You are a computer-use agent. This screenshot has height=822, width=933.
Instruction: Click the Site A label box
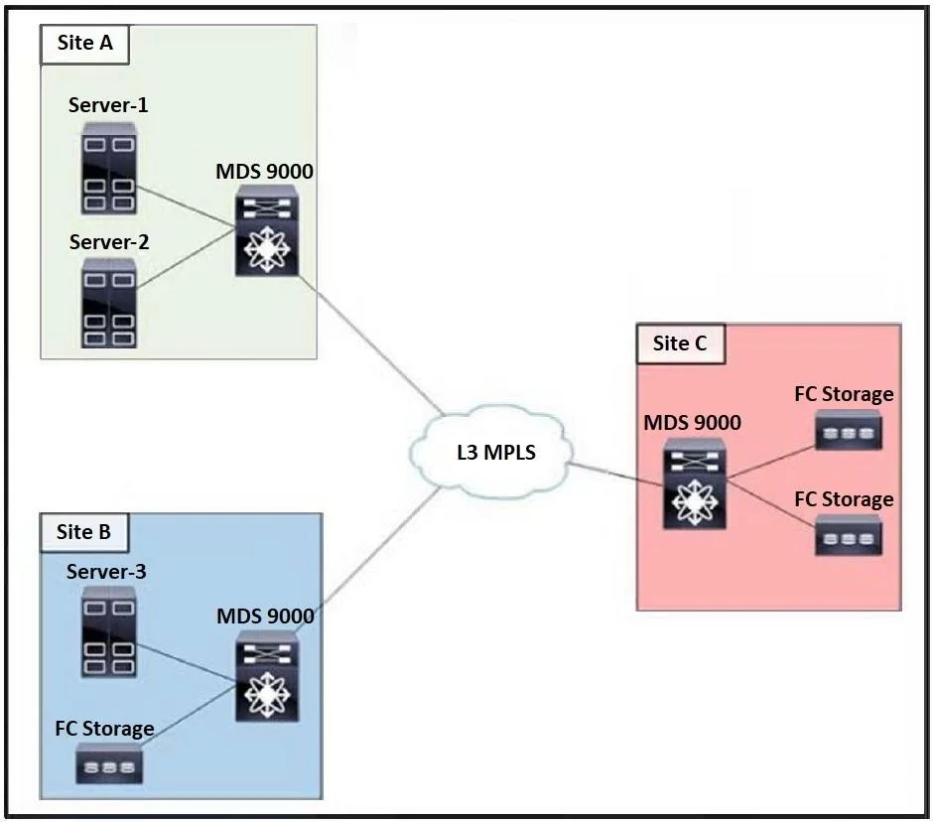[x=84, y=44]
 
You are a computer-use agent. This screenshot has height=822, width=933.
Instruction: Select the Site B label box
[x=84, y=532]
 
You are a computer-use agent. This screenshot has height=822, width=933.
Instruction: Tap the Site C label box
[x=681, y=343]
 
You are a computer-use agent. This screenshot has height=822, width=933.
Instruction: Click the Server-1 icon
[x=109, y=169]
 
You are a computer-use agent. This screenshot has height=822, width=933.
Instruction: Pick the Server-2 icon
[x=109, y=303]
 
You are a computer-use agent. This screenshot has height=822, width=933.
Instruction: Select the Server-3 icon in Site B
[x=109, y=631]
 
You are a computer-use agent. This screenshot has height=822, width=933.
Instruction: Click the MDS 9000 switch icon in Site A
[x=267, y=230]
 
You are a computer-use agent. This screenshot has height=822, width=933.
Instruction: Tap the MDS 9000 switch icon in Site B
[x=267, y=676]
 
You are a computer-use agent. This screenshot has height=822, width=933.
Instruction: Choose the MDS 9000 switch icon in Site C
[x=695, y=483]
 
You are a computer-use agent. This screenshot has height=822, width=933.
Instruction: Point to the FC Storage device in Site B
[x=109, y=763]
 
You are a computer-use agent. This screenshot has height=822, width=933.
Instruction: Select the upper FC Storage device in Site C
[x=848, y=430]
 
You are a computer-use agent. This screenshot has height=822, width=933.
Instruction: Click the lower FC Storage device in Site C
[x=848, y=535]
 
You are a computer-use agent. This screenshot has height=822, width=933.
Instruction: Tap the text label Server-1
[x=108, y=105]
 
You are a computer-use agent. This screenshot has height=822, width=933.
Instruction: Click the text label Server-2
[x=109, y=242]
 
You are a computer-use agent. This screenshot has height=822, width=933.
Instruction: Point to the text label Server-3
[x=106, y=572]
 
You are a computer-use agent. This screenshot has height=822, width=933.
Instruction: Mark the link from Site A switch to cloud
[x=370, y=345]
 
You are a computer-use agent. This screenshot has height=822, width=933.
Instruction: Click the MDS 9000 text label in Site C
[x=693, y=423]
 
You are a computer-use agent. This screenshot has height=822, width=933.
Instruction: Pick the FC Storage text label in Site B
[x=105, y=729]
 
